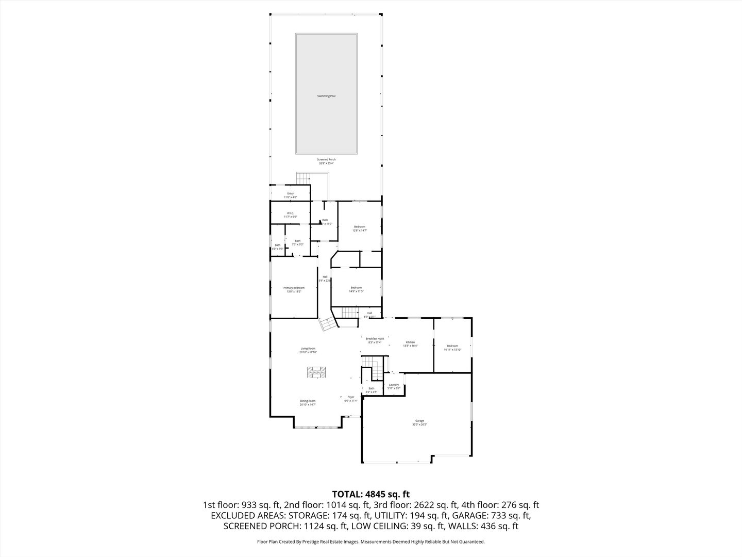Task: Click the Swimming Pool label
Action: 326,96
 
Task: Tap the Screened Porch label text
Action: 326,160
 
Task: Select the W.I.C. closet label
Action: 290,213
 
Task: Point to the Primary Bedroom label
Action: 294,288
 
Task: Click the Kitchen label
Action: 410,342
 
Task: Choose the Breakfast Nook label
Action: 375,339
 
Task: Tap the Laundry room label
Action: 394,385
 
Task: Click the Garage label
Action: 419,421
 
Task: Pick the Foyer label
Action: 351,397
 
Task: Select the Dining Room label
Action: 308,401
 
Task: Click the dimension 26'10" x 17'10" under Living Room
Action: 308,352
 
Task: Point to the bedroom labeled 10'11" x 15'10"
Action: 452,349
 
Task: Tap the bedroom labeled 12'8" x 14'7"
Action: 359,231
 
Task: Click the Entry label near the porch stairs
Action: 290,194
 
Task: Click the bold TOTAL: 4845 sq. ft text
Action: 370,494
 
